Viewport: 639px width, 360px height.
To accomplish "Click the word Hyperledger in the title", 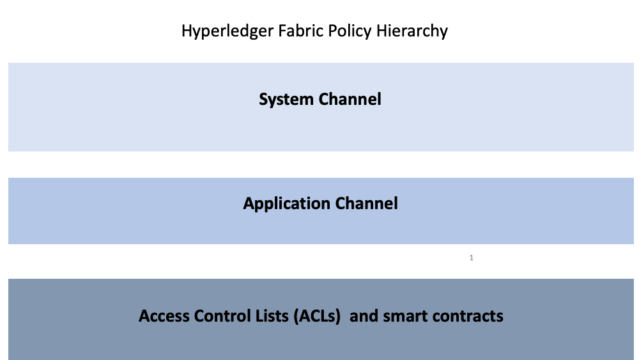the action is click(227, 31).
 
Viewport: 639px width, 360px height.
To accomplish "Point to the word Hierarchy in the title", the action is click(412, 31).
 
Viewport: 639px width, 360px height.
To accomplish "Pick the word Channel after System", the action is click(350, 99).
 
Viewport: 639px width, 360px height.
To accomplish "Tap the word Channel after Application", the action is click(366, 203).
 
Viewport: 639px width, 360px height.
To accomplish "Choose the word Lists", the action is click(272, 316).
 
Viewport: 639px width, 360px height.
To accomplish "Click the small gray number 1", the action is click(472, 258).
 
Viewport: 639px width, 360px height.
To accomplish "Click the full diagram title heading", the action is click(314, 31).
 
